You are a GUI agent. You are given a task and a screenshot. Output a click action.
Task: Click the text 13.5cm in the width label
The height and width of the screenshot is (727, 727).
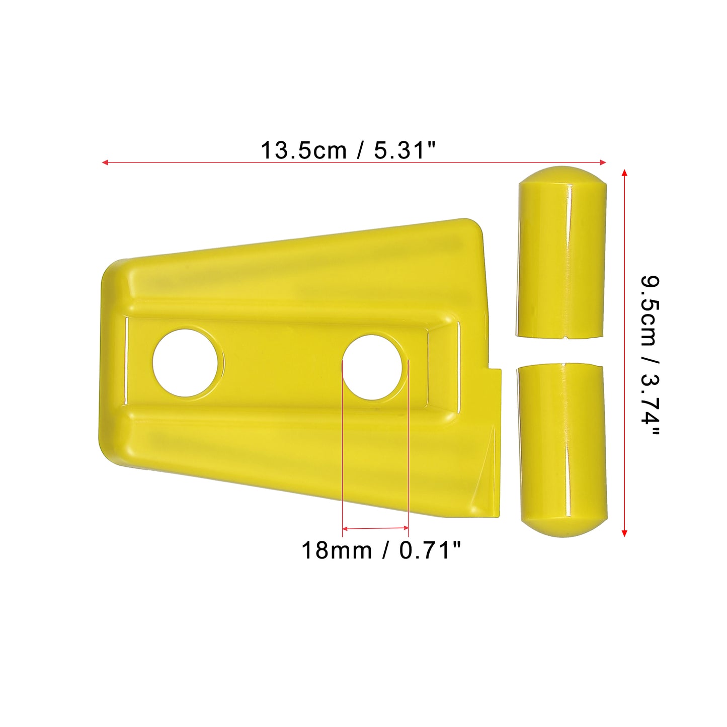pyautogui.click(x=303, y=150)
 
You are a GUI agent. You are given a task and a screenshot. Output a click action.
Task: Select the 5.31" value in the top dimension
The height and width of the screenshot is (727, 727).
pyautogui.click(x=405, y=150)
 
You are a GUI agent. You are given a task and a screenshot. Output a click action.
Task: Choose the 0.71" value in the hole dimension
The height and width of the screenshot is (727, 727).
pyautogui.click(x=430, y=550)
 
